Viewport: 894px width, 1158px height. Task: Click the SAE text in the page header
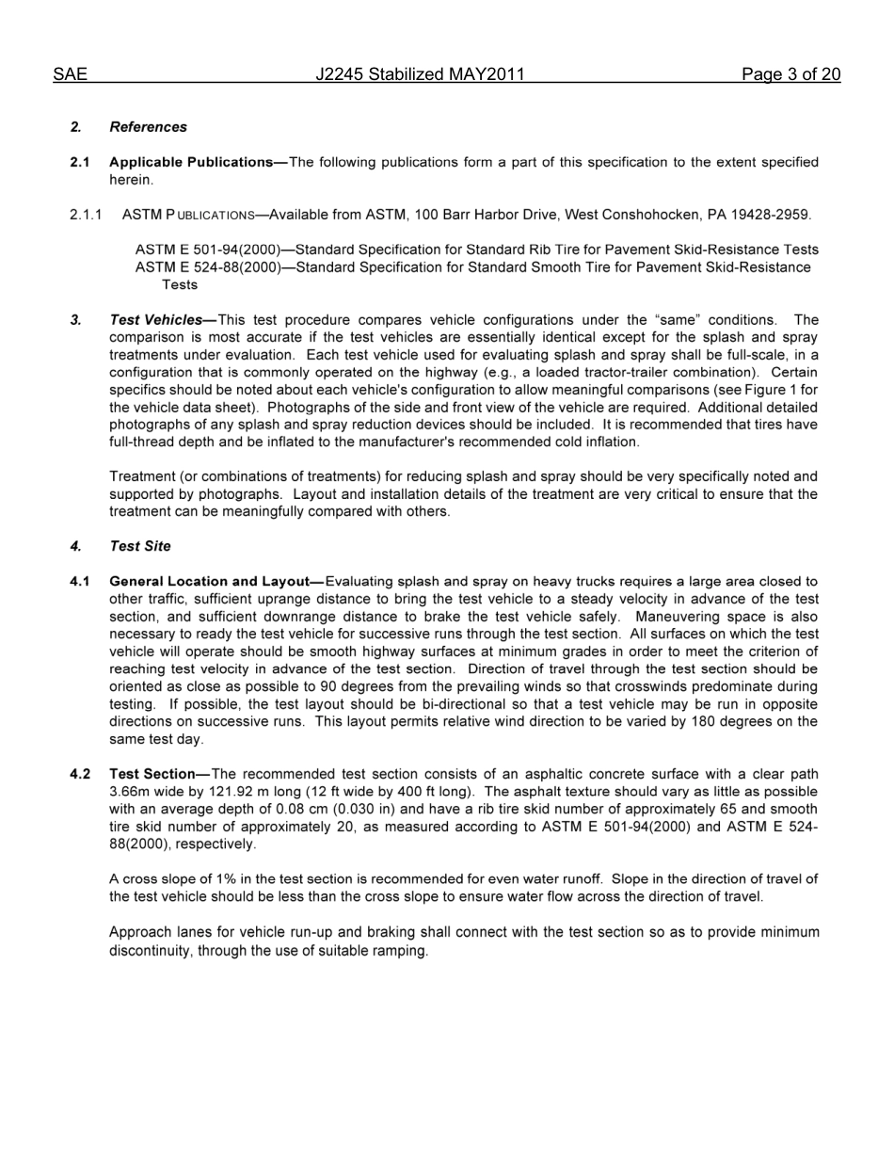70,74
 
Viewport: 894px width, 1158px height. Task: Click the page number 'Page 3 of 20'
790,74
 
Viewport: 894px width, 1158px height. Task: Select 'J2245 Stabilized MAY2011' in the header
420,74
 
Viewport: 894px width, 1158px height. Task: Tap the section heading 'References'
148,127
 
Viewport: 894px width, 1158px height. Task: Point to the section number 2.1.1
86,215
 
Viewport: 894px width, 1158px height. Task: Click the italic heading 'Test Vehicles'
155,320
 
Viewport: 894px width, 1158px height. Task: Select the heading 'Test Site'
140,546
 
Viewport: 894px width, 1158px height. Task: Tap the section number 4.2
80,774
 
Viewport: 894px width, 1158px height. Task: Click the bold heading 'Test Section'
152,774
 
